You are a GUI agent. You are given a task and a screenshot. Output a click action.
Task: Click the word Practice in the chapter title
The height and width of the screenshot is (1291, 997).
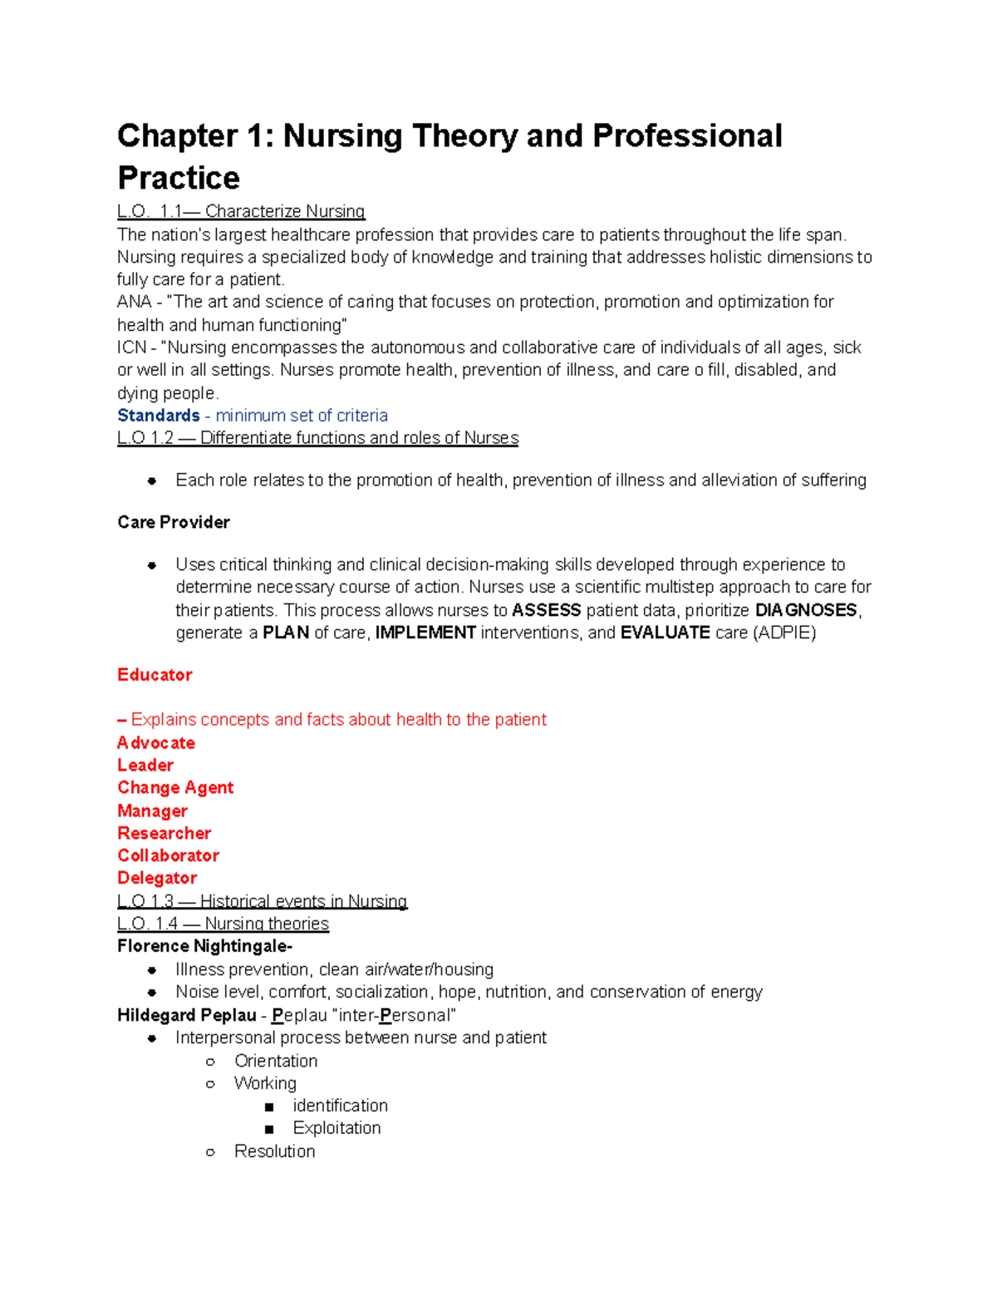(179, 178)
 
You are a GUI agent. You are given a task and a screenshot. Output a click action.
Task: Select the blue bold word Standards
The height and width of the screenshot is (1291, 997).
(159, 416)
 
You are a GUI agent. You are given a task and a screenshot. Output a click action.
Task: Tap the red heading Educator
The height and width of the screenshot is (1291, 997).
(155, 675)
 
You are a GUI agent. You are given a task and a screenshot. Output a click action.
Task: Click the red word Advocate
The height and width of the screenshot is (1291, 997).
(156, 743)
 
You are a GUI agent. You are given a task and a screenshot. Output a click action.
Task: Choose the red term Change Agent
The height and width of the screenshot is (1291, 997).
(175, 788)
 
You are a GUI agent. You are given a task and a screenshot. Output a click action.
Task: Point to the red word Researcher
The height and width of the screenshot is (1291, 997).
(164, 833)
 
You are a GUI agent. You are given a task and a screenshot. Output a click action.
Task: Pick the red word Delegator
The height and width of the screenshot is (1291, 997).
(157, 878)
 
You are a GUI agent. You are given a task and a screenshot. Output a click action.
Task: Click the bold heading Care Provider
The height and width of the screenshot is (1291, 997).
(174, 522)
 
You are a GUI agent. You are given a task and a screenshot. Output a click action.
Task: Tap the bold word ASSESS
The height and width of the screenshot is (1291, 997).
(547, 610)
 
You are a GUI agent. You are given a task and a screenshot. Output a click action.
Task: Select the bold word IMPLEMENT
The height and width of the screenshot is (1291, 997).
(425, 633)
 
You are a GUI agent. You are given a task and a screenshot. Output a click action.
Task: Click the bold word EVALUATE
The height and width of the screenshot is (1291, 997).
(665, 633)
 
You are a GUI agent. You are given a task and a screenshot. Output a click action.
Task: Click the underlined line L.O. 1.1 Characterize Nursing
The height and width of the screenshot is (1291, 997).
(241, 211)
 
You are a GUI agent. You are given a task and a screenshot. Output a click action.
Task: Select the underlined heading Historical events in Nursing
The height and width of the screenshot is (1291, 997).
(303, 901)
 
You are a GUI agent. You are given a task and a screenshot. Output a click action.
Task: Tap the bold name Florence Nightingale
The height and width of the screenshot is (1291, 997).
(204, 946)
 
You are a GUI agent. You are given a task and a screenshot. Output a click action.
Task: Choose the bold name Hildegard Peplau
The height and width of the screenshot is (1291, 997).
(187, 1015)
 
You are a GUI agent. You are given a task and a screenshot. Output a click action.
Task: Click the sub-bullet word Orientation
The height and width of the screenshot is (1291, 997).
(276, 1061)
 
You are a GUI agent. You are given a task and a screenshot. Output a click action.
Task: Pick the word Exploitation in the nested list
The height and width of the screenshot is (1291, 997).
(336, 1128)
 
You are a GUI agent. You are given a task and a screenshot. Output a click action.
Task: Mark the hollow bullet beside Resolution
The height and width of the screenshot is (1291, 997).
(210, 1152)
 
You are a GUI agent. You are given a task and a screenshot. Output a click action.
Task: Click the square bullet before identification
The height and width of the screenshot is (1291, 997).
(268, 1106)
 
